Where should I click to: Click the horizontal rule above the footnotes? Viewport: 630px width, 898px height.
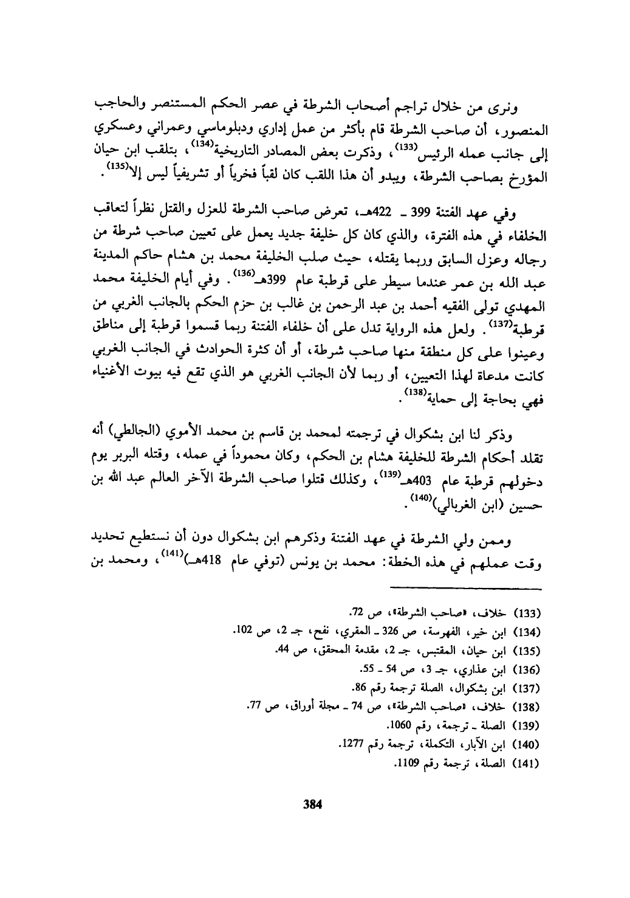(x=465, y=589)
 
